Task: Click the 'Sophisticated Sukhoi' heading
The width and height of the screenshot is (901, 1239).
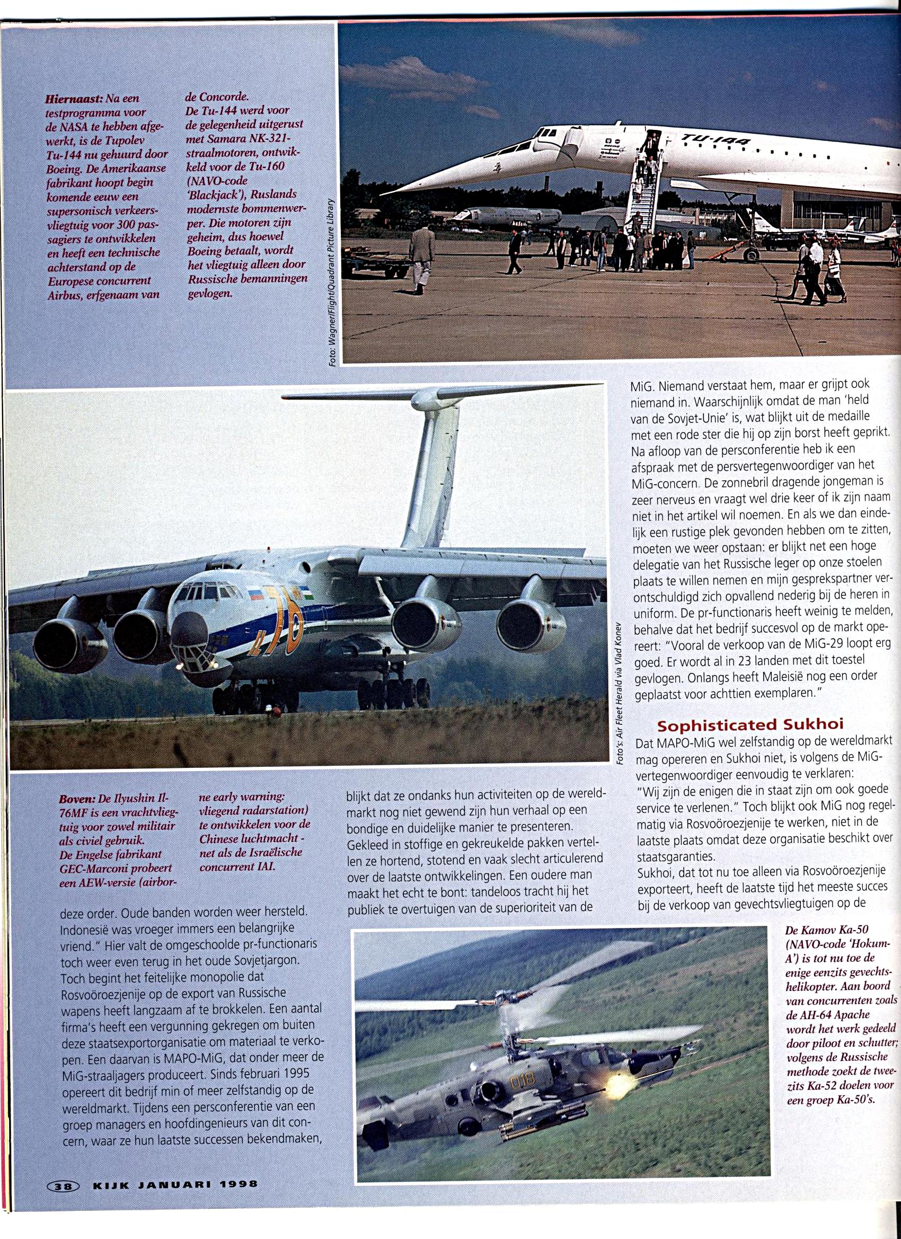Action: pyautogui.click(x=750, y=725)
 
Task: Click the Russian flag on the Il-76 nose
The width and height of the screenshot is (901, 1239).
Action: pyautogui.click(x=255, y=595)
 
